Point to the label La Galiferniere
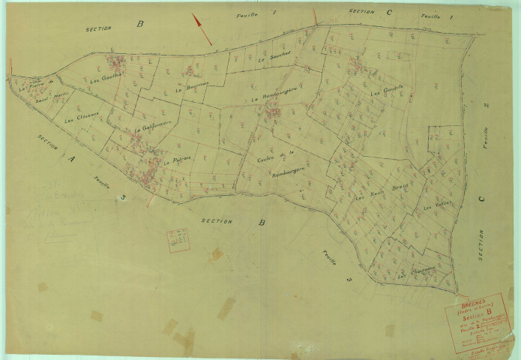click(154, 127)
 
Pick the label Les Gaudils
click(387, 91)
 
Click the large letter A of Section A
click(71, 159)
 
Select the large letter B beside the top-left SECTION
click(139, 24)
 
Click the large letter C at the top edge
click(388, 13)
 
